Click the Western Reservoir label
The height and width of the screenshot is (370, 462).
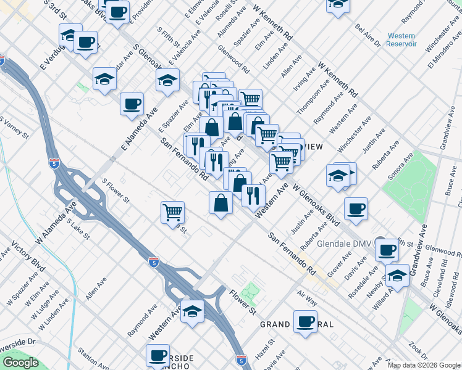(401, 40)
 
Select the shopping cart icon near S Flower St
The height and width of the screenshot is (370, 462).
(173, 213)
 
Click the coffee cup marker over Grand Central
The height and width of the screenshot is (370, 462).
(305, 321)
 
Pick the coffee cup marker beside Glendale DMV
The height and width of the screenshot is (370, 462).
(387, 250)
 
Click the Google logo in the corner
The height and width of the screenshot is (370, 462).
(20, 363)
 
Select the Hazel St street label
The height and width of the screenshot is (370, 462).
(267, 348)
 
